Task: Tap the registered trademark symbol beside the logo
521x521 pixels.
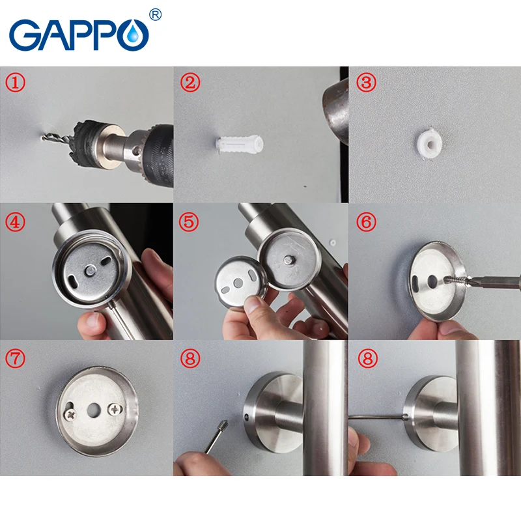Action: [x=156, y=14]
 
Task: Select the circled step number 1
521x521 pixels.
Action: [x=15, y=83]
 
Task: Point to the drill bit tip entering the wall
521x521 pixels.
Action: [x=44, y=136]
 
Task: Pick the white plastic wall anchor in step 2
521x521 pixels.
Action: [x=239, y=143]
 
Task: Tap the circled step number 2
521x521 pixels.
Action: [x=190, y=83]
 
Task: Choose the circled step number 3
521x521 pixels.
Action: [x=366, y=83]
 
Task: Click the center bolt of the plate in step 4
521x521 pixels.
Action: [x=90, y=270]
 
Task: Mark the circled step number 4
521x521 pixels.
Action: [x=15, y=221]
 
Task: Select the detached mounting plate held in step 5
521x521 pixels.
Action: [x=240, y=282]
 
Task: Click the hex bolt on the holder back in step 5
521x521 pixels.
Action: [x=289, y=260]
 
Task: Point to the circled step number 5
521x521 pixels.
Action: [x=189, y=221]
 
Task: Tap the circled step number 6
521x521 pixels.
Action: [x=366, y=221]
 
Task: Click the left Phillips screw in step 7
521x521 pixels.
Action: [x=71, y=414]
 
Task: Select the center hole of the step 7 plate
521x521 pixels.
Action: [x=94, y=411]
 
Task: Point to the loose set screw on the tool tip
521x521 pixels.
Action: [x=223, y=425]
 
